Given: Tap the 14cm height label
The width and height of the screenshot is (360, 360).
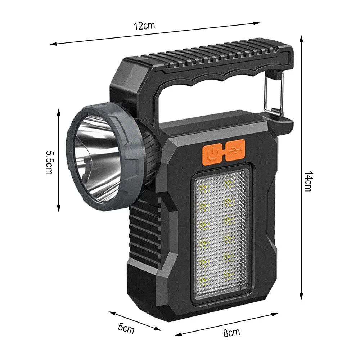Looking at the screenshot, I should click(307, 181).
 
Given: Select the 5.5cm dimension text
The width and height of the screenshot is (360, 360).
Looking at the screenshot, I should click(49, 162).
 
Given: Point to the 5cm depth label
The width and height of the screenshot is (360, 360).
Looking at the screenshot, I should click(126, 328).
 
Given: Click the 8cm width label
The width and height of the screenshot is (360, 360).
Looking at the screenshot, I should click(231, 332).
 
